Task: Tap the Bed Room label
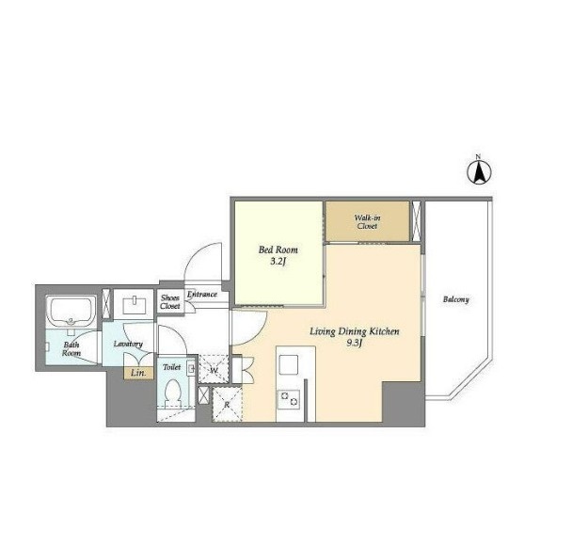click(x=278, y=250)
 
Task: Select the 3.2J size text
click(x=278, y=262)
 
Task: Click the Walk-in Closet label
click(x=367, y=222)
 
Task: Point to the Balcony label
click(x=456, y=299)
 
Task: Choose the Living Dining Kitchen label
click(x=355, y=331)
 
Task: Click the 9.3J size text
click(x=355, y=343)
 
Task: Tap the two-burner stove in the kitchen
click(x=289, y=399)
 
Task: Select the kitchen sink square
click(x=289, y=364)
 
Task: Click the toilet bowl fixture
click(x=172, y=393)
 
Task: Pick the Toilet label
click(x=172, y=367)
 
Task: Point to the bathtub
click(x=71, y=311)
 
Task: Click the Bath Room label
click(x=71, y=349)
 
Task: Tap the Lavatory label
click(x=128, y=344)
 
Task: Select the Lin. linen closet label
click(x=138, y=373)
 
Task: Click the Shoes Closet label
click(x=170, y=302)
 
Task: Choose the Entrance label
click(x=201, y=294)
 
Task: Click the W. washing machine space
click(x=214, y=369)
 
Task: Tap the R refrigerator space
click(x=228, y=405)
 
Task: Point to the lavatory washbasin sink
click(x=135, y=306)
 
